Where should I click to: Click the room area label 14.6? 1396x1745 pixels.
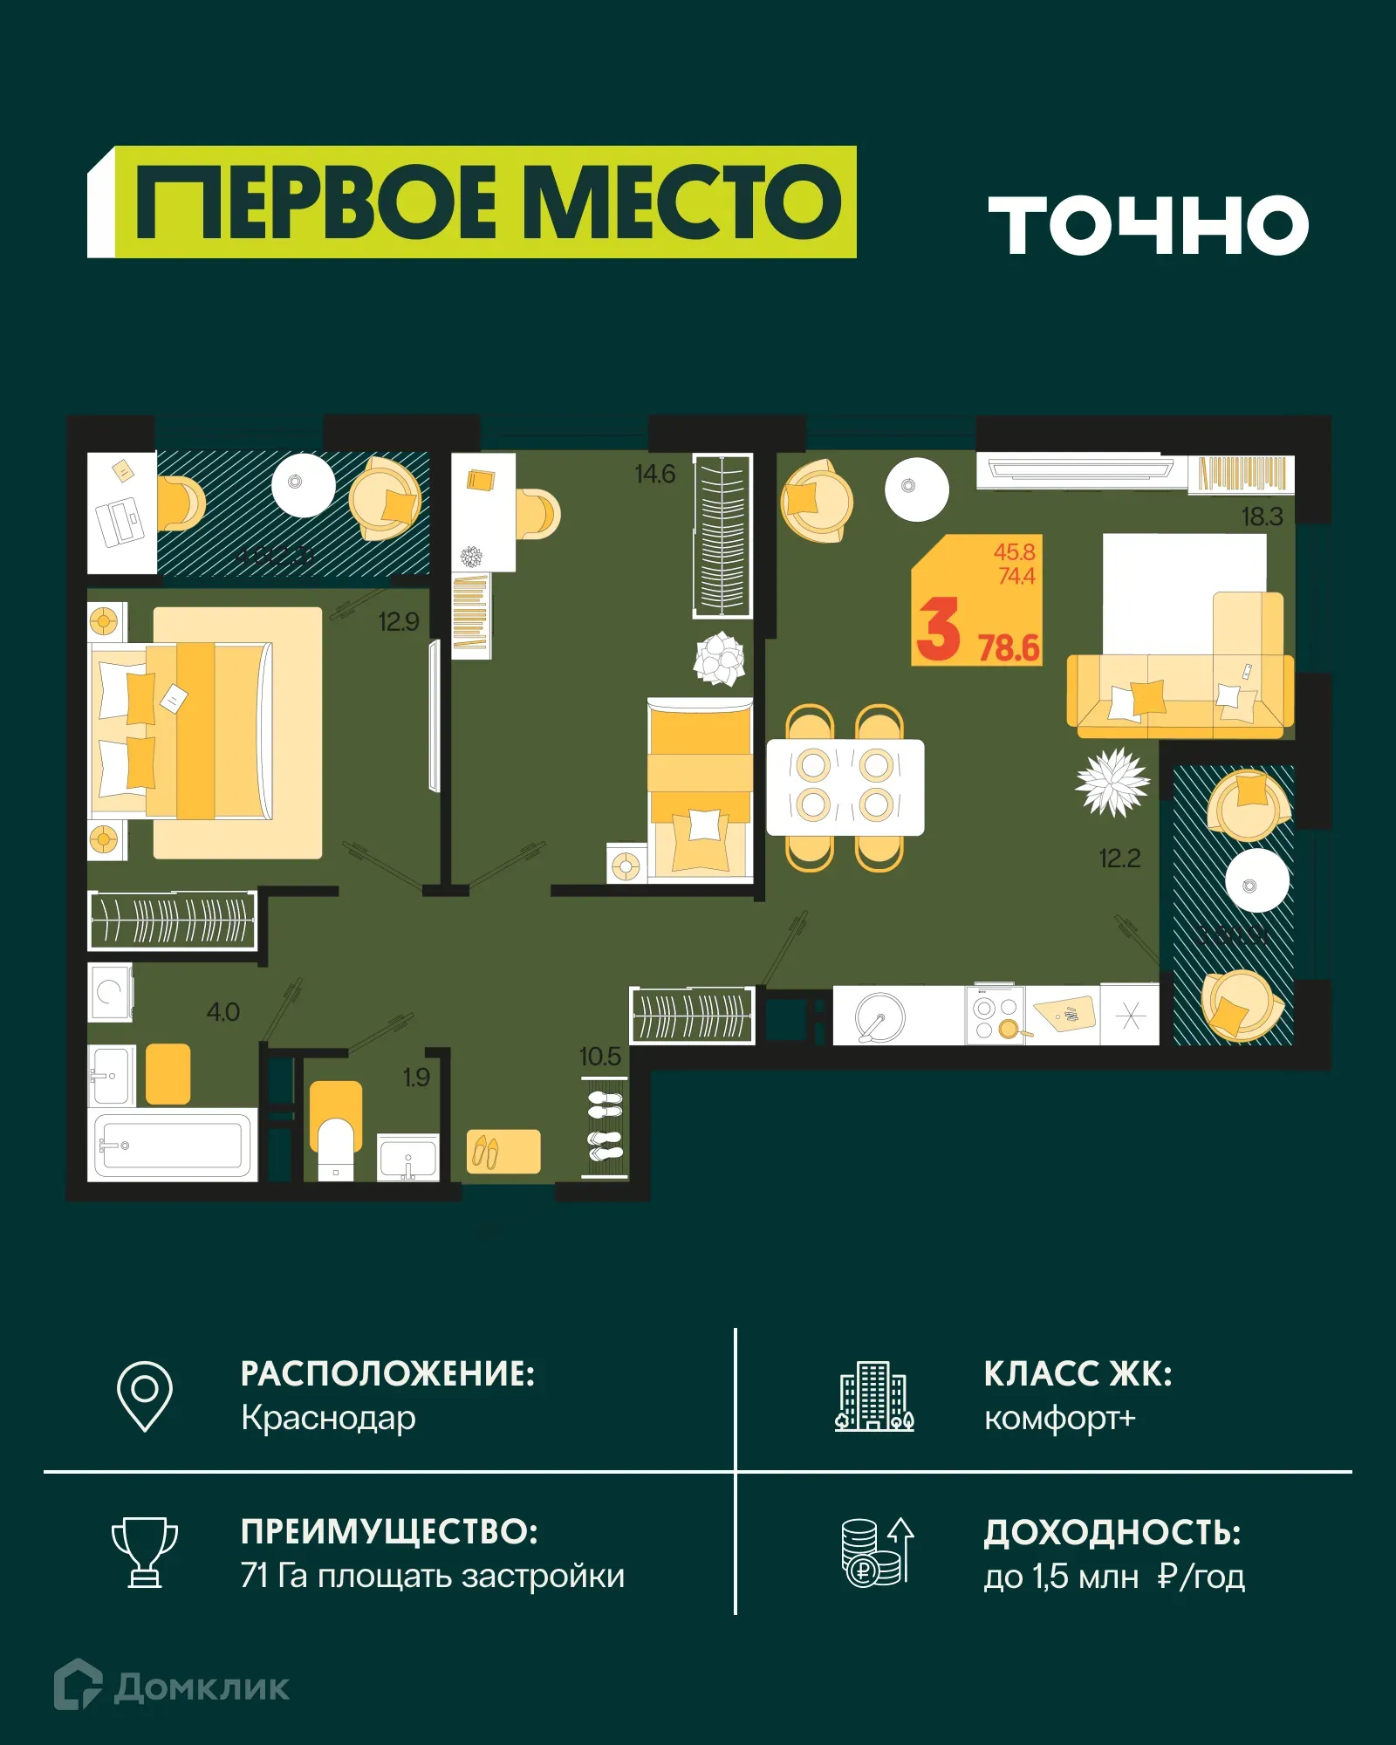(x=654, y=475)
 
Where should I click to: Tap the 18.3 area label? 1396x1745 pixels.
(x=1262, y=517)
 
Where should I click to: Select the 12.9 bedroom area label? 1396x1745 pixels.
(x=398, y=622)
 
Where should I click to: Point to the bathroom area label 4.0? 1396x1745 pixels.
(x=222, y=1012)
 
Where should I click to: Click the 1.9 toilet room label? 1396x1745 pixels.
(x=416, y=1078)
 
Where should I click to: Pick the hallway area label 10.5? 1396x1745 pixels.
(x=599, y=1057)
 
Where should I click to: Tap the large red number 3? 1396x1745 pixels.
(x=939, y=630)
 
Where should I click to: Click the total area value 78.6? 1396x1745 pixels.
(x=1009, y=648)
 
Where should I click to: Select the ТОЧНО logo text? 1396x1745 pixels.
(x=1148, y=225)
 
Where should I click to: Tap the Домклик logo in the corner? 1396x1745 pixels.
(x=172, y=1687)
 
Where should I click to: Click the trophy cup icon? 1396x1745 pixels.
(x=145, y=1552)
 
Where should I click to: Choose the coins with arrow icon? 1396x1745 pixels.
(x=877, y=1552)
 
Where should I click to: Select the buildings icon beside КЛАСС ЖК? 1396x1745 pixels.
(x=874, y=1396)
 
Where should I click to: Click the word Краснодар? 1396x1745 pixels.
(x=328, y=1419)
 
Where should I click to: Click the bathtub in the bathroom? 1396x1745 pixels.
(x=173, y=1145)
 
